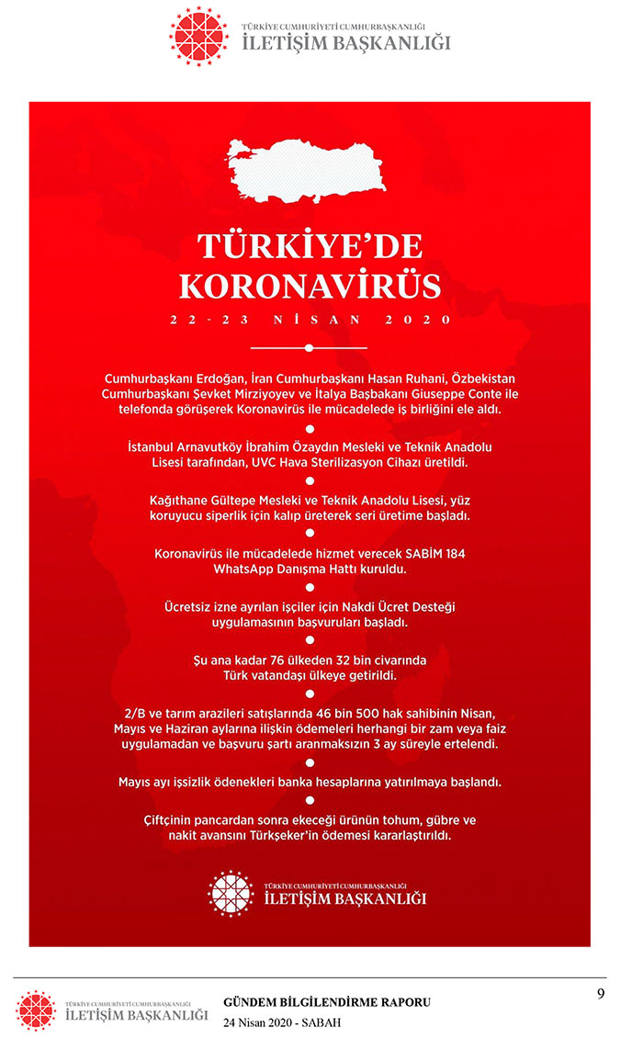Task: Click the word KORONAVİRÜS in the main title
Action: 310,285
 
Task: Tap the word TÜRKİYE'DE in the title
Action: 310,247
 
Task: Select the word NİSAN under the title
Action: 310,321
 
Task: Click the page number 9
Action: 600,993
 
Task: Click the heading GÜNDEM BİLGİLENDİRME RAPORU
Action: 327,1002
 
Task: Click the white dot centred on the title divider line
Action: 310,348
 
